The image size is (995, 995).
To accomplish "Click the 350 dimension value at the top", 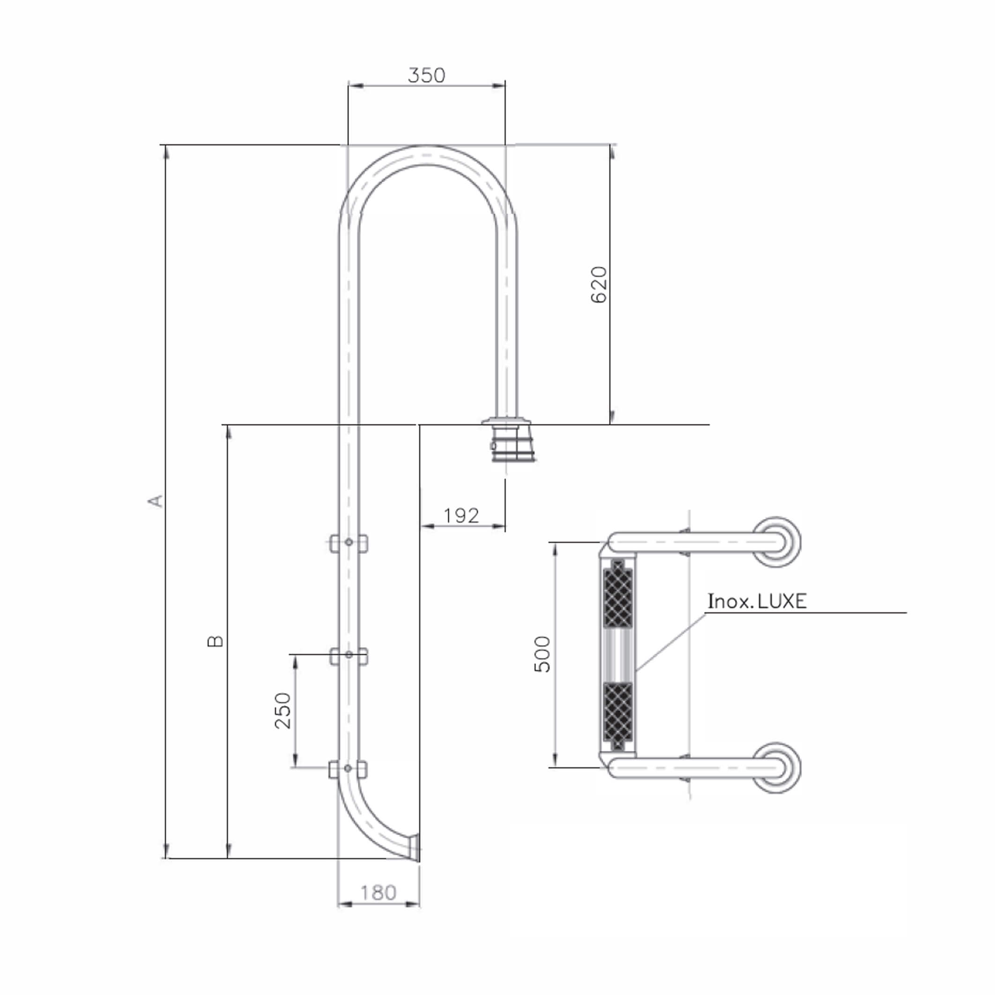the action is click(426, 76).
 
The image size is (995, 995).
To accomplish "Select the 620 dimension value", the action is click(599, 285).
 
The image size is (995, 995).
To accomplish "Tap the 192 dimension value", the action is click(461, 515).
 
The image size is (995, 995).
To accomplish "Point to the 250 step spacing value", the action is click(283, 711).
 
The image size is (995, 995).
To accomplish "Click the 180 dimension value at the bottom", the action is click(378, 892).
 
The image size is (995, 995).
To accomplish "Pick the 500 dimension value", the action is click(542, 654).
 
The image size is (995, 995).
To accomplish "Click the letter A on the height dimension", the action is click(156, 501).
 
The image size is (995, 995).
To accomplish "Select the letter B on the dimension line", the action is click(215, 641).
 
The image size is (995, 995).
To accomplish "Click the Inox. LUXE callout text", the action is click(757, 601).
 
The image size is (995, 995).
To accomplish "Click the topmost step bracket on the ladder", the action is click(349, 543).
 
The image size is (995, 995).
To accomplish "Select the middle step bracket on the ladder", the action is click(349, 656).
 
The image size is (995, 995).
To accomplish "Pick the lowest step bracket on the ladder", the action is click(348, 769).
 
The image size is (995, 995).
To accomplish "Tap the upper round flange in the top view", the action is click(777, 542).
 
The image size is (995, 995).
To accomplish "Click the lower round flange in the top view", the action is click(777, 768).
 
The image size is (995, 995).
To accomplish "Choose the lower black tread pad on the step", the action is click(617, 716).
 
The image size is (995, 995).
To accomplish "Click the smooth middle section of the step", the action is click(617, 654).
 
